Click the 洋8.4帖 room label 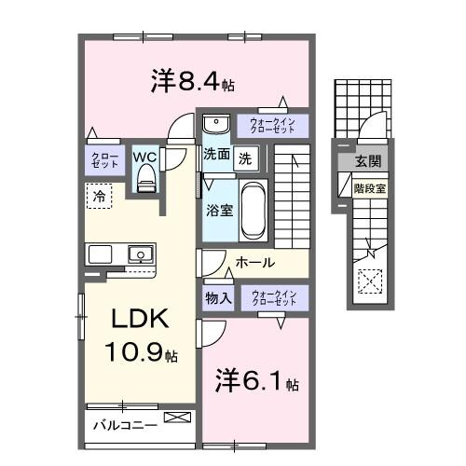coord(191,82)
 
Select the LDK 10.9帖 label coord(140,335)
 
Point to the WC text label coord(144,157)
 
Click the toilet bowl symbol coord(144,182)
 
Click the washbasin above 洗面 coord(214,124)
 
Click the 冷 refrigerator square coord(98,196)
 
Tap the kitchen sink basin coord(139,253)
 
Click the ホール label coord(254,263)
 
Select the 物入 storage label coord(217,298)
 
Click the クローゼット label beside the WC coord(101,159)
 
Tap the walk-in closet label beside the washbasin coord(272,125)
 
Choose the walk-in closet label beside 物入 coord(273,298)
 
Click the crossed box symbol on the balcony coord(174,419)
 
